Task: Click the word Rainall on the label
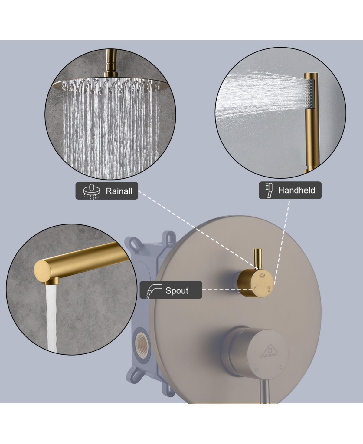tap(119, 191)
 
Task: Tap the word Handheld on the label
tap(296, 190)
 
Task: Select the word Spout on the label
tap(177, 291)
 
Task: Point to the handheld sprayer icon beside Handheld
tap(269, 190)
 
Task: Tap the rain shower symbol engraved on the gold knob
tap(262, 275)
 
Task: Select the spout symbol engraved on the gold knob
tap(256, 287)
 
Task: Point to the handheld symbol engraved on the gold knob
tap(269, 287)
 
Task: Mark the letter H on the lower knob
tap(257, 370)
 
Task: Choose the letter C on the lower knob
tap(280, 367)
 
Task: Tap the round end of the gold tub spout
tap(42, 271)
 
